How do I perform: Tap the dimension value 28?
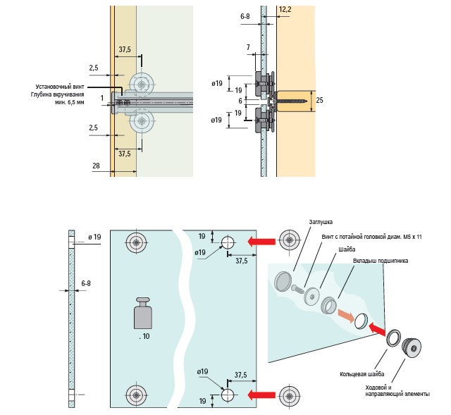coord(95,166)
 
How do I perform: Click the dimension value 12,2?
coord(284,9)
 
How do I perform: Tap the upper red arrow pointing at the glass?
coord(260,242)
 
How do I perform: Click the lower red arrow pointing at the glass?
coord(260,394)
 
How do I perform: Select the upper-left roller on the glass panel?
coord(135,244)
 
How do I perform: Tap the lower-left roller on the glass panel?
coord(135,394)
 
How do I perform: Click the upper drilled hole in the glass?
coord(228,243)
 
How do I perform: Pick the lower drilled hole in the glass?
coord(228,395)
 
